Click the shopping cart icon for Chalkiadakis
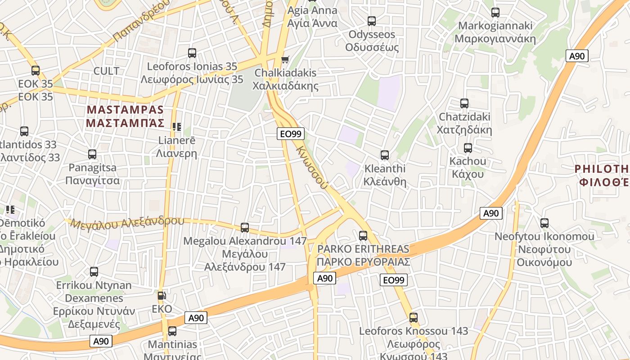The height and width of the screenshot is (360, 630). tap(285, 59)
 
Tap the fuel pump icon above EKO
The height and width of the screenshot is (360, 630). tap(162, 296)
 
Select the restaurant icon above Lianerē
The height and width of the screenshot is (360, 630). tap(177, 127)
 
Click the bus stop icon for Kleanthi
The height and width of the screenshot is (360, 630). tap(385, 155)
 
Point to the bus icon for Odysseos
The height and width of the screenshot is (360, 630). tap(372, 21)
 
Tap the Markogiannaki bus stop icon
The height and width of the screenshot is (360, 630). tap(495, 12)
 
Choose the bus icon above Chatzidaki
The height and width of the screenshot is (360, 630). tap(464, 103)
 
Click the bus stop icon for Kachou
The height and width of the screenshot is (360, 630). tap(468, 148)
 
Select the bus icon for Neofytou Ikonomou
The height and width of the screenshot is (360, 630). tap(544, 223)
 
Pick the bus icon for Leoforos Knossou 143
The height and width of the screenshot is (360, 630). tap(414, 318)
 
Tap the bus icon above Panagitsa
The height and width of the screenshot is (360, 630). tap(92, 154)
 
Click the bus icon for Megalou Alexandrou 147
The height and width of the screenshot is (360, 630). tap(245, 228)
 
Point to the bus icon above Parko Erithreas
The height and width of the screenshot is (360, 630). tap(363, 235)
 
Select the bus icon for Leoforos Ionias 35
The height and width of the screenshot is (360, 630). tap(192, 53)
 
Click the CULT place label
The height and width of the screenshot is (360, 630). tap(106, 71)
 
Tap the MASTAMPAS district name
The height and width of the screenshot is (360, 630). tap(125, 116)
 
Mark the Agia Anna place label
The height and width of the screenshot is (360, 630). tap(312, 17)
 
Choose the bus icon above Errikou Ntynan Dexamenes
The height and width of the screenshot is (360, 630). tap(94, 272)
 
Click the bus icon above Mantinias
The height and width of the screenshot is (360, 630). tap(172, 332)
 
